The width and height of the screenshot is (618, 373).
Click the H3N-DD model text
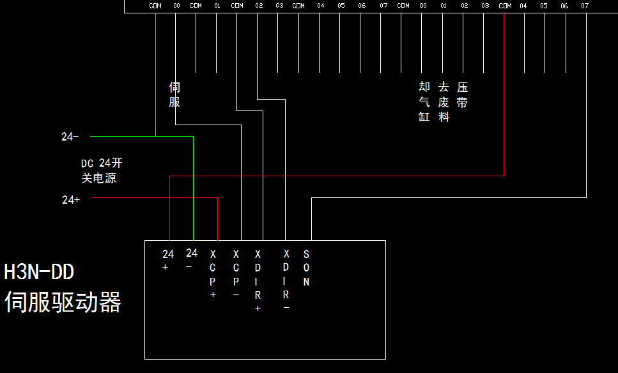click(39, 272)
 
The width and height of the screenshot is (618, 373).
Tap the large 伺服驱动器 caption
click(63, 302)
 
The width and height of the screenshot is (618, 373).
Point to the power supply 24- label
click(70, 137)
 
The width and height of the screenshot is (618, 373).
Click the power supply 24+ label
click(71, 199)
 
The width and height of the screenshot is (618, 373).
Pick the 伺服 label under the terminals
click(174, 95)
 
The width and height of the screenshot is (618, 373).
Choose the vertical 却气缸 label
click(424, 102)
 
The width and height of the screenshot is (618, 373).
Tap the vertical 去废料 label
click(444, 102)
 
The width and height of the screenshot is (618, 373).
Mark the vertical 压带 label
click(463, 95)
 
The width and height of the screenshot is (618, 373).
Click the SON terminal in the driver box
click(306, 268)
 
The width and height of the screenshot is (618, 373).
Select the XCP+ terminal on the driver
click(213, 274)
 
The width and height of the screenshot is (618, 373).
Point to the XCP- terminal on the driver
click(236, 274)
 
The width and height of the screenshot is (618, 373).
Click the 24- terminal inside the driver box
click(191, 259)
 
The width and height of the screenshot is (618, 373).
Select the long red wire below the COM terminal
click(504, 96)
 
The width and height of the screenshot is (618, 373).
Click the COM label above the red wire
click(505, 6)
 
